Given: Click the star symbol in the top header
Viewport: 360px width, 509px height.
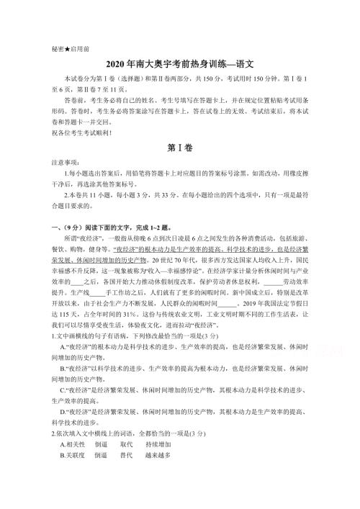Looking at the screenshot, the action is click(x=62, y=50).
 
